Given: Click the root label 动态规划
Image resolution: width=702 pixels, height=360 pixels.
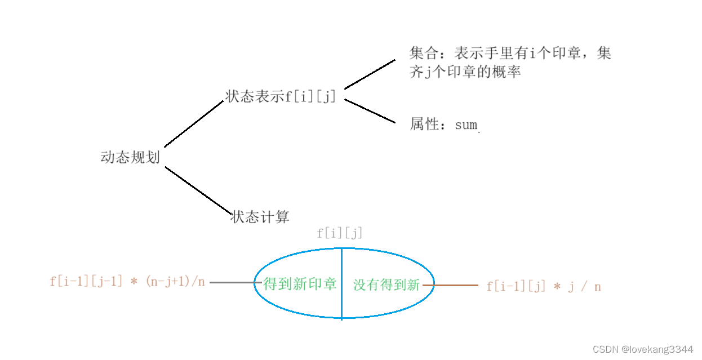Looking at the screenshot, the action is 130,157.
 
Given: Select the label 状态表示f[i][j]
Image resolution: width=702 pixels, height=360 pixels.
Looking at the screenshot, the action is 281,96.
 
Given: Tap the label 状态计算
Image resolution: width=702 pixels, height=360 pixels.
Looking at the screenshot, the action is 261,217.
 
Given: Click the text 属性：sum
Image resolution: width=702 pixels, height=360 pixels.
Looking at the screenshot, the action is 443,125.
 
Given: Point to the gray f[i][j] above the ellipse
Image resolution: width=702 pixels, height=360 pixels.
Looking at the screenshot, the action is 340,233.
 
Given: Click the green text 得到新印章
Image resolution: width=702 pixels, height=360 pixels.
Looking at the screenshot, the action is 299,285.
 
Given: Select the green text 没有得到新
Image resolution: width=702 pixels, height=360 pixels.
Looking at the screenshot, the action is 386,285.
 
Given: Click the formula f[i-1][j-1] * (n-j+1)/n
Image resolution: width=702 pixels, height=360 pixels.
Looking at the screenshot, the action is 127,282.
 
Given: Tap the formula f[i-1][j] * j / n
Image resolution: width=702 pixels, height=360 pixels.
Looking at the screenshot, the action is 544,287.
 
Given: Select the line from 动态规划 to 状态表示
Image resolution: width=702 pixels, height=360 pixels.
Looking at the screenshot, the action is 193,124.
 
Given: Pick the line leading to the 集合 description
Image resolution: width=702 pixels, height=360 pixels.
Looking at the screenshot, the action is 370,74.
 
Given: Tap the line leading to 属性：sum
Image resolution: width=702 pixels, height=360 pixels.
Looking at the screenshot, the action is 370,111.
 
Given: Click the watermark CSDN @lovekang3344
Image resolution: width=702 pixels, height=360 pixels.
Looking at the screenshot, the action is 643,350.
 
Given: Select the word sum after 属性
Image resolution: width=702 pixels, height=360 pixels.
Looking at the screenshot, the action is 466,125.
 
